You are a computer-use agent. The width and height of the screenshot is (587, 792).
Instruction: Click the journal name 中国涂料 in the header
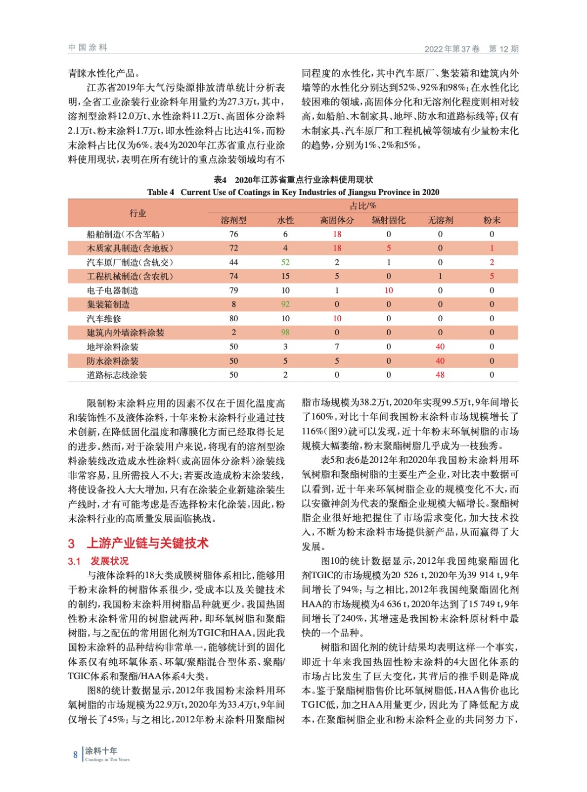click(88, 48)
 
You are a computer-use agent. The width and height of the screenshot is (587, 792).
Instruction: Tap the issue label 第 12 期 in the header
click(503, 49)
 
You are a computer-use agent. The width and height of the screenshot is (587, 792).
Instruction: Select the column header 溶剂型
click(233, 220)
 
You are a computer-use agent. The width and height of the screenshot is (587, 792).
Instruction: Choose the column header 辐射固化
click(388, 220)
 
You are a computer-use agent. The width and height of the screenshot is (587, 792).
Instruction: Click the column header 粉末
click(492, 220)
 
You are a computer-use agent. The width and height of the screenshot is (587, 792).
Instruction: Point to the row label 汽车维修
click(104, 319)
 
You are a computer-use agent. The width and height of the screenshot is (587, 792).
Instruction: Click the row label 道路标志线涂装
click(117, 375)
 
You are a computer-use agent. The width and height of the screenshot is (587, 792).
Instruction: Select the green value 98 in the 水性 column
click(285, 333)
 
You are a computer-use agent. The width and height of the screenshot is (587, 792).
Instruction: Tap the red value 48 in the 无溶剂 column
click(440, 375)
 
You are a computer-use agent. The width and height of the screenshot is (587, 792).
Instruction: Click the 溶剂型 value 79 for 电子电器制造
click(233, 291)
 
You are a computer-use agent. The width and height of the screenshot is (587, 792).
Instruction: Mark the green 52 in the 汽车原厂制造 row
click(285, 262)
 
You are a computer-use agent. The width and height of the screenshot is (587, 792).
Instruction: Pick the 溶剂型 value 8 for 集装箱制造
click(233, 304)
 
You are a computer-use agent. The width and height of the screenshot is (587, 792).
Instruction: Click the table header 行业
click(137, 213)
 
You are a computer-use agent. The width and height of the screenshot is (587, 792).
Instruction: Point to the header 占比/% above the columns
click(362, 206)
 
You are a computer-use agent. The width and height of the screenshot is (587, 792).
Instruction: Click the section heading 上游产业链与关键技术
click(147, 543)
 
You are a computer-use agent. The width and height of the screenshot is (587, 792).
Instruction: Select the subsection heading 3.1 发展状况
click(98, 561)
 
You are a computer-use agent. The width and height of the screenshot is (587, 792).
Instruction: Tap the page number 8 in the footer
click(75, 755)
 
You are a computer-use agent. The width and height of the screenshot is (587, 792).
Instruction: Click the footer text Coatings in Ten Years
click(107, 759)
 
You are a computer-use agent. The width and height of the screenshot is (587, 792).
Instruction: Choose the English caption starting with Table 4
click(293, 192)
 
